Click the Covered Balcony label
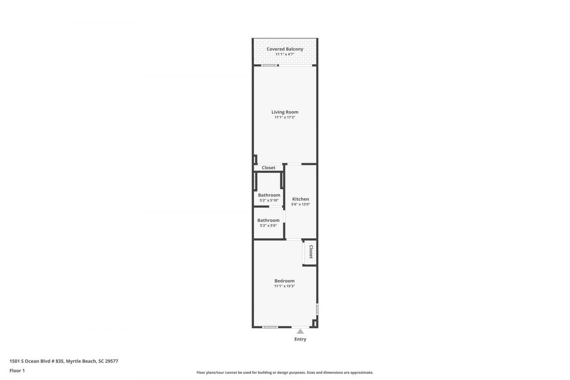coord(285,49)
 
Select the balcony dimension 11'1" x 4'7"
coord(285,54)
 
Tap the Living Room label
coord(285,112)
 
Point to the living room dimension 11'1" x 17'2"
coord(285,117)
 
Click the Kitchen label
coord(301,199)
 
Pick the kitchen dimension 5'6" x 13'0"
coord(301,204)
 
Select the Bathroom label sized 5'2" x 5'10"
coord(269,195)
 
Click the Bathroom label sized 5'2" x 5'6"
coord(269,220)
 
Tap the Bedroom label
coord(285,281)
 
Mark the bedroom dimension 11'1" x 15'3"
coord(285,286)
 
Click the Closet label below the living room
coord(269,168)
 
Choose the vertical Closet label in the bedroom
coord(311,252)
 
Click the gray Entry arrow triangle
coord(300,331)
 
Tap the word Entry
coord(300,339)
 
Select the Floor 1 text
coord(17,370)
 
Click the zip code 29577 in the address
coord(111,361)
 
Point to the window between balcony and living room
coord(269,66)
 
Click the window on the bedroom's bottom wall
coord(270,327)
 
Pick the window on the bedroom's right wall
coord(317,309)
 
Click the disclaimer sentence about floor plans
coord(285,372)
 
